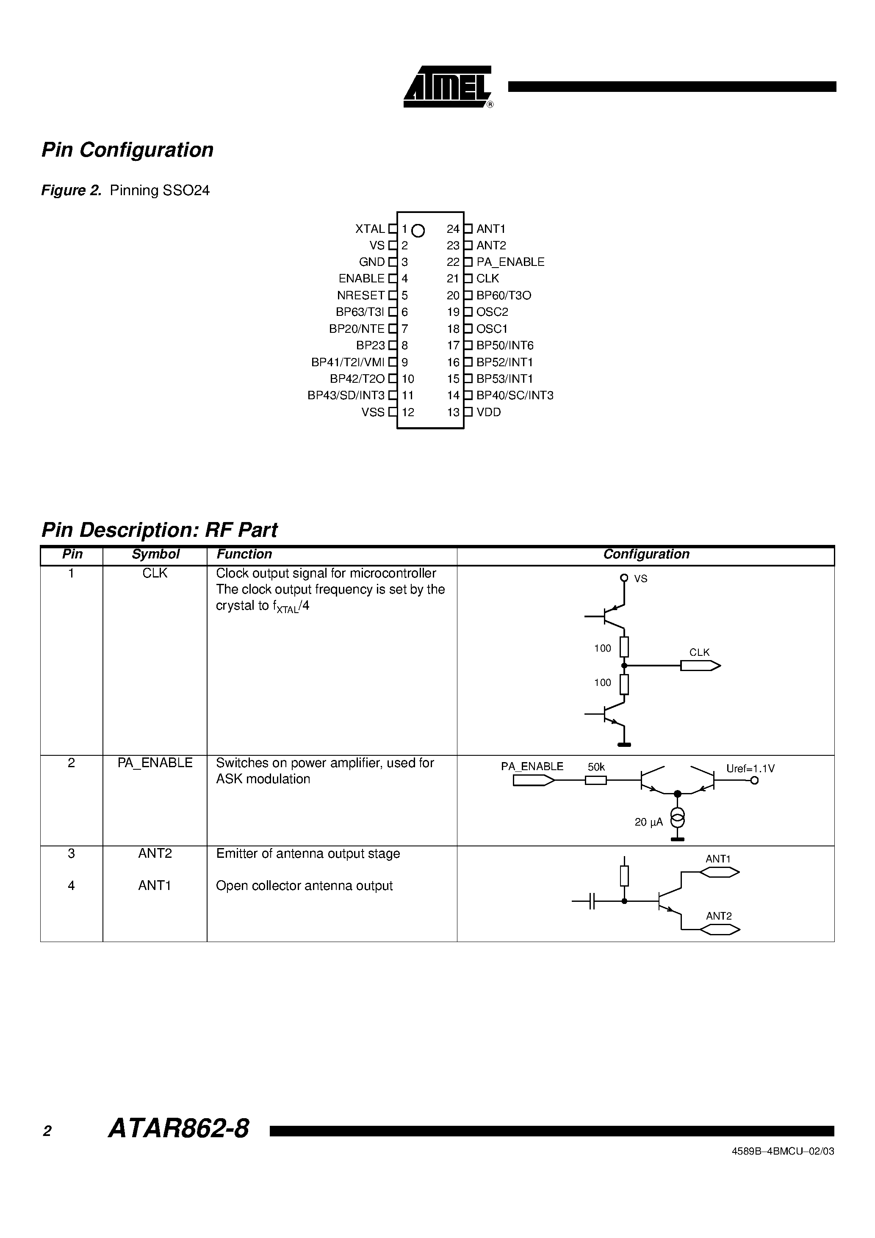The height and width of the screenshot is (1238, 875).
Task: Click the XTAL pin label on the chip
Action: [x=370, y=229]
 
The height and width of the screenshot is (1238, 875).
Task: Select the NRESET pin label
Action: [x=360, y=296]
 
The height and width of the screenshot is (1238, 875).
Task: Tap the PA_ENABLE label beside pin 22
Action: [x=510, y=262]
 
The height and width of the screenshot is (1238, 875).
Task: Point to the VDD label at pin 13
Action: [x=489, y=412]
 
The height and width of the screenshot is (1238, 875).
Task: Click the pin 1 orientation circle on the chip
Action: [x=418, y=231]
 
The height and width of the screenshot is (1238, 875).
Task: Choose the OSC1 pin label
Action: [x=492, y=329]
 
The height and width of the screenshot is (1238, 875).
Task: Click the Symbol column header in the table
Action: [x=155, y=554]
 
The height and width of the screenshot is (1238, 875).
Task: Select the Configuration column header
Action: [x=646, y=554]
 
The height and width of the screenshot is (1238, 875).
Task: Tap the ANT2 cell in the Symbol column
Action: [x=155, y=854]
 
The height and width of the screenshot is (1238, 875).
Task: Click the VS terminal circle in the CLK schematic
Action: [x=624, y=578]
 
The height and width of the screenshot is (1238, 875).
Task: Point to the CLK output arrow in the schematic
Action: [x=700, y=666]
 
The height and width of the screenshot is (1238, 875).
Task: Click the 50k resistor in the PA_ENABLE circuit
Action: [x=596, y=780]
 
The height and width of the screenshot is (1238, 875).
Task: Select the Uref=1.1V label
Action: [x=750, y=768]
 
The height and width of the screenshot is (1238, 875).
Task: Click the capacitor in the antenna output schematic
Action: [x=592, y=901]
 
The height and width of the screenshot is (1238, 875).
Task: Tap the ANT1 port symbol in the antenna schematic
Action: [x=720, y=873]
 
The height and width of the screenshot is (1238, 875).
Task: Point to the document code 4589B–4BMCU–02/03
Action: [x=783, y=1151]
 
